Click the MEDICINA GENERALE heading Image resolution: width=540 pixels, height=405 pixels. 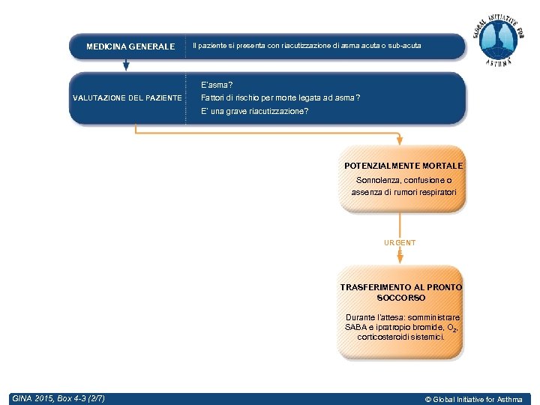(130, 46)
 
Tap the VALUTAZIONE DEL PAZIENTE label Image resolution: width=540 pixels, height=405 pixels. (127, 98)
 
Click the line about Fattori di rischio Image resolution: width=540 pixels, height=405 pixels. (280, 98)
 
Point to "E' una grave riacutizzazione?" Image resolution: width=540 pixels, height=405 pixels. (254, 112)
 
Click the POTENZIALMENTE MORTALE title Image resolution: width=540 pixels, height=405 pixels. (403, 165)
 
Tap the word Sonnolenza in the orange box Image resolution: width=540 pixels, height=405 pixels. (377, 181)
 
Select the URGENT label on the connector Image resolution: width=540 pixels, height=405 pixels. (400, 243)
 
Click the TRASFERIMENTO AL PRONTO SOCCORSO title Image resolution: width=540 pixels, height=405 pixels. (401, 292)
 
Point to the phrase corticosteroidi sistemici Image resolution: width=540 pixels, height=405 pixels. (401, 337)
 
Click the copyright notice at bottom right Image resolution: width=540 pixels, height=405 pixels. (473, 399)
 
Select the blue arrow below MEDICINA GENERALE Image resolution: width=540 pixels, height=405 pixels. (126, 64)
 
